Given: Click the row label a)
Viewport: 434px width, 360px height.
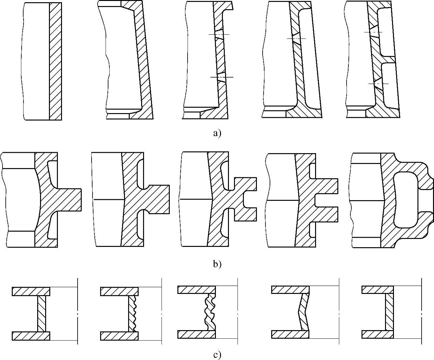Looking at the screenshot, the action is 217,133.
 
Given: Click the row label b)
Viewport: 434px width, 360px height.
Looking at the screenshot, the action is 217,264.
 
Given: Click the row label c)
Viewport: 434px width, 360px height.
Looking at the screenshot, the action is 217,355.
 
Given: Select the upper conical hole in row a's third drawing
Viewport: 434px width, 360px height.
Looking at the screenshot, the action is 219,34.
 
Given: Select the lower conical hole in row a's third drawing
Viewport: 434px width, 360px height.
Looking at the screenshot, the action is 221,78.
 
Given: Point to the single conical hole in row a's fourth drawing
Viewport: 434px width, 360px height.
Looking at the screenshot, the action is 295,38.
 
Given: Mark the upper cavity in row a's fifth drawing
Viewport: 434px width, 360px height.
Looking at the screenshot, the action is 385,32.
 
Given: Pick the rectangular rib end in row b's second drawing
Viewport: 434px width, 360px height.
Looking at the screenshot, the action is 161,200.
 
